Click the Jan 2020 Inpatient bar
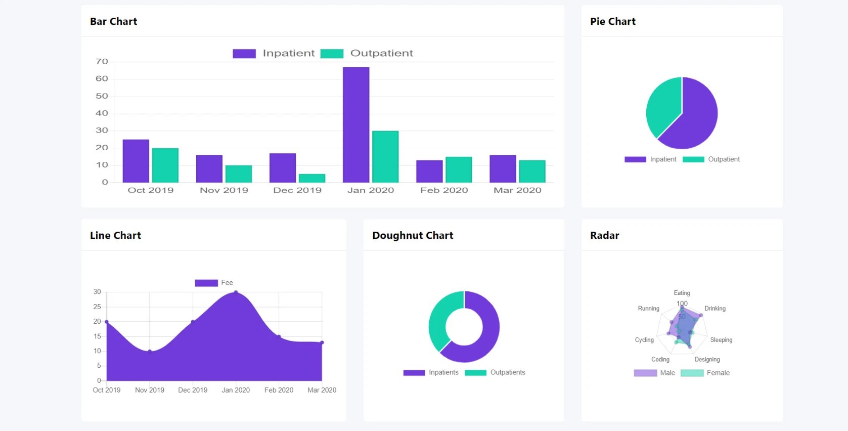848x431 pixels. tap(356, 125)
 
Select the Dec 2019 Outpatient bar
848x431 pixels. tap(312, 178)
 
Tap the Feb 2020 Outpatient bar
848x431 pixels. tap(459, 169)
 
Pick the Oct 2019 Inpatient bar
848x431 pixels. tap(136, 161)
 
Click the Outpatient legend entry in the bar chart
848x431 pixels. tap(367, 53)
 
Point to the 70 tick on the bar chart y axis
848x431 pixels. tap(102, 62)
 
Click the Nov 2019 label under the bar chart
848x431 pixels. tap(224, 190)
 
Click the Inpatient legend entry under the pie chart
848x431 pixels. tap(651, 159)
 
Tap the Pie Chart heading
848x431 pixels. tap(613, 21)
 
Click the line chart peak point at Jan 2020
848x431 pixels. tap(236, 292)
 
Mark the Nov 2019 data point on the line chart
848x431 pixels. tap(150, 351)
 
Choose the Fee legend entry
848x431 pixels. tap(214, 283)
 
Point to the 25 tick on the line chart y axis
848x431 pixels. tap(97, 307)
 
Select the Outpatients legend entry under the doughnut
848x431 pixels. tap(496, 372)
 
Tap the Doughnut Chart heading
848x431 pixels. tap(413, 235)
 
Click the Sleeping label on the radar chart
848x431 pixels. tap(721, 340)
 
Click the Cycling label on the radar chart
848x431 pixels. tap(644, 340)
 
